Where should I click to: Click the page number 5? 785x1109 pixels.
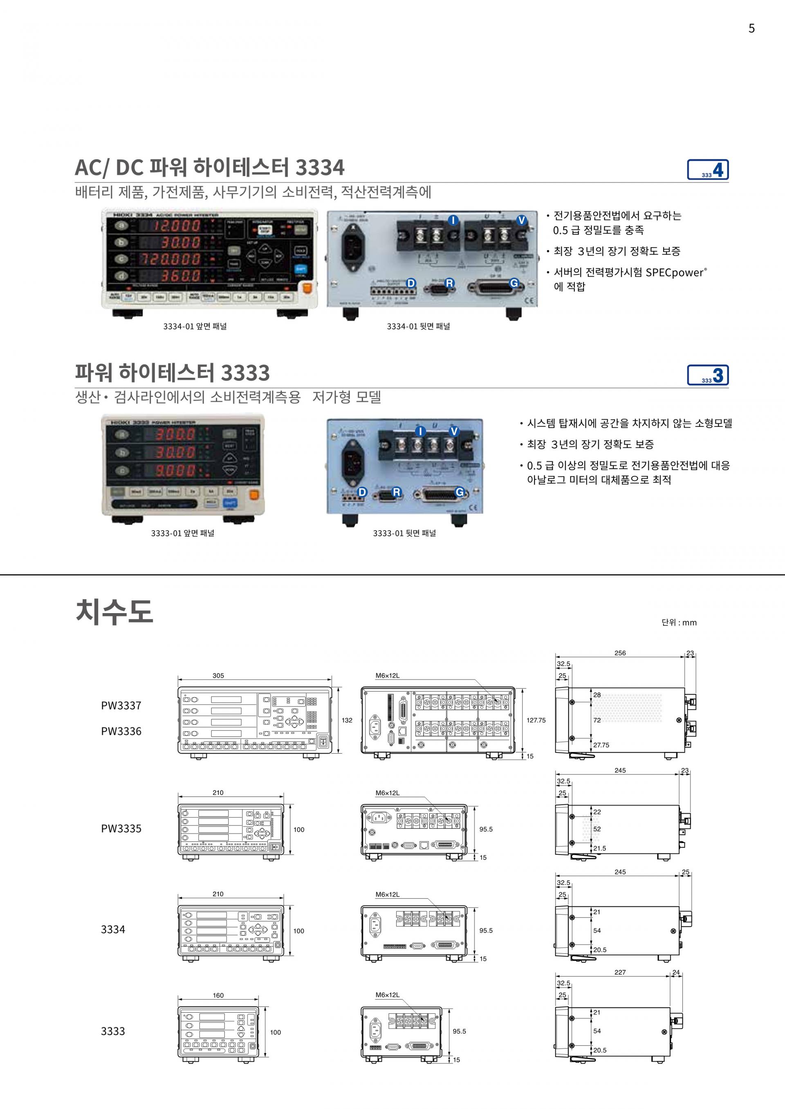pos(751,29)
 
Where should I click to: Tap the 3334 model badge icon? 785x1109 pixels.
pos(708,170)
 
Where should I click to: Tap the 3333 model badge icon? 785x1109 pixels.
pos(708,375)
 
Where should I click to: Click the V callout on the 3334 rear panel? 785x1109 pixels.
pos(521,220)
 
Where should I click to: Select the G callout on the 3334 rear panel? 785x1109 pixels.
pos(514,283)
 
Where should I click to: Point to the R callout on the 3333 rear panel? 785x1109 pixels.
pos(396,492)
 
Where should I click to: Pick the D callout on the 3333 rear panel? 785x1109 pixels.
pos(361,492)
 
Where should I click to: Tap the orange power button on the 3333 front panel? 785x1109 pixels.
pos(253,495)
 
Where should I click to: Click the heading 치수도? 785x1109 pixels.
pos(114,611)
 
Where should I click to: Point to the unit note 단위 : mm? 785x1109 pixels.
pos(679,623)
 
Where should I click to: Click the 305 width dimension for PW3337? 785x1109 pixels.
pos(218,676)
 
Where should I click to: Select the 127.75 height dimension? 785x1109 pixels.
pos(536,720)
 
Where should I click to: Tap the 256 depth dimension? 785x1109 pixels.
pos(620,653)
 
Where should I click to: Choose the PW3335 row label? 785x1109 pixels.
pos(121,829)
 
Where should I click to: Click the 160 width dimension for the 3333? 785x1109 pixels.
pos(218,995)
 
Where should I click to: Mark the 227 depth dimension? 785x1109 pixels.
pos(620,972)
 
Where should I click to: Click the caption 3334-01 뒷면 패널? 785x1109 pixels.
pos(418,326)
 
